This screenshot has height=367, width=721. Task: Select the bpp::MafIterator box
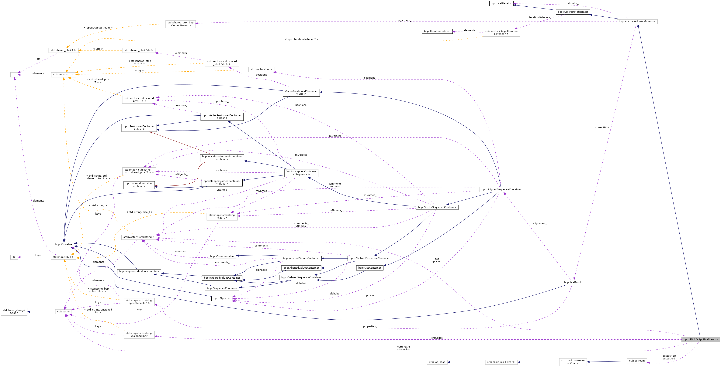tap(501, 3)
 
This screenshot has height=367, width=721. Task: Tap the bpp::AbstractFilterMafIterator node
tap(637, 22)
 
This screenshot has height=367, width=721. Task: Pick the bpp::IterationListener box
tap(437, 31)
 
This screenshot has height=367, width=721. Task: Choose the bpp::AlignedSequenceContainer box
tap(501, 189)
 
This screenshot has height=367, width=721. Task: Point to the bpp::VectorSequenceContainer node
tap(437, 207)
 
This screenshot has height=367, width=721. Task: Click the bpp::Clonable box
tap(63, 244)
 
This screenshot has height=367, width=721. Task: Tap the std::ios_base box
tap(437, 362)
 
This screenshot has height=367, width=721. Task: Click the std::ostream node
tap(637, 361)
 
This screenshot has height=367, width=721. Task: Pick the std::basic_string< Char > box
tap(14, 311)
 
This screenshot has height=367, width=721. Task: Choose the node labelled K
tap(14, 257)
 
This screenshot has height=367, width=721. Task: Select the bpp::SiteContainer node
tap(369, 268)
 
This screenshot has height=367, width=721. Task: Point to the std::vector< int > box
tap(262, 69)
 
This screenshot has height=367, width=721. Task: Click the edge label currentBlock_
tap(603, 127)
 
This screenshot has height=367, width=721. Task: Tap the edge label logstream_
tap(404, 20)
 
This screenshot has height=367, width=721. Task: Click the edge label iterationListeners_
tap(539, 17)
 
